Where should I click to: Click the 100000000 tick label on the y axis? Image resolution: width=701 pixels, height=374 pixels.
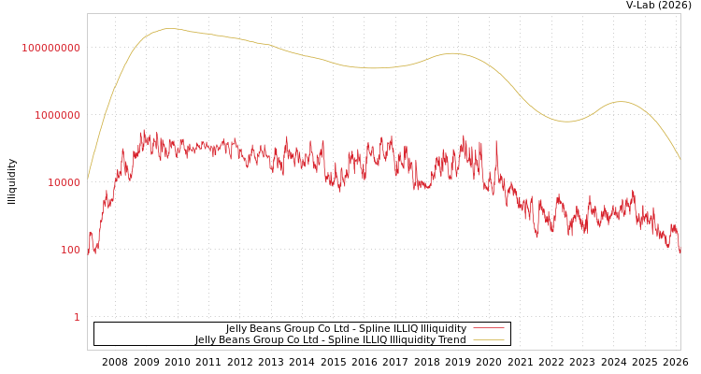[x=51, y=48]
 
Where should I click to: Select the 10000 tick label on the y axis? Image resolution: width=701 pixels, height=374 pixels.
[x=64, y=182]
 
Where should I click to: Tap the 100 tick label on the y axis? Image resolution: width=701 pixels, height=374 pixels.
[x=71, y=250]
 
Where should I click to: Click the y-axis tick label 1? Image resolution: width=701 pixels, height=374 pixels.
[x=77, y=317]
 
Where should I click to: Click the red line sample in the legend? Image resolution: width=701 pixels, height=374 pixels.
[x=488, y=328]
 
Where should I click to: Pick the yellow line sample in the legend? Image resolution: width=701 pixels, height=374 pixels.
[x=488, y=339]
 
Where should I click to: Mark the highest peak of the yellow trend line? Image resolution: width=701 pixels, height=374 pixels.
[x=169, y=28]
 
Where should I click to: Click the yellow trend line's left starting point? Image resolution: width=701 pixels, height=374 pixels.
[x=88, y=180]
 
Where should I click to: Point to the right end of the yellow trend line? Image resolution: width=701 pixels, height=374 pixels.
[x=680, y=160]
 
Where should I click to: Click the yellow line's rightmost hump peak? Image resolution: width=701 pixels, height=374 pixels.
[x=620, y=101]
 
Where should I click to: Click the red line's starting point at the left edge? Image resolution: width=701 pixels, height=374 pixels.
[x=88, y=251]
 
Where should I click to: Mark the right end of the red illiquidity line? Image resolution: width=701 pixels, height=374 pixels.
[x=680, y=252]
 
